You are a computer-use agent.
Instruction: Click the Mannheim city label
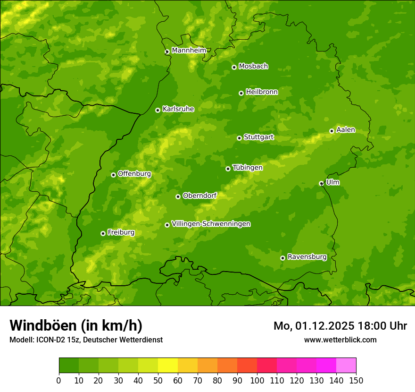click(189, 51)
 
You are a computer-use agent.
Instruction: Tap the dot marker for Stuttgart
click(239, 138)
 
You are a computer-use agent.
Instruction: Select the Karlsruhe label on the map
click(178, 109)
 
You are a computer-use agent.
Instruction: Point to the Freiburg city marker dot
click(103, 233)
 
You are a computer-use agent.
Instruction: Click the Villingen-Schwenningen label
click(211, 224)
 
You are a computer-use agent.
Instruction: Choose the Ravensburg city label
click(307, 257)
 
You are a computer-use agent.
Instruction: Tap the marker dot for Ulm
click(321, 183)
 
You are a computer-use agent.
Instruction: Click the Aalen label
click(346, 130)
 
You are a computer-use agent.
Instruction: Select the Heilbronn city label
click(262, 92)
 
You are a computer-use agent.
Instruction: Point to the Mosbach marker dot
click(234, 67)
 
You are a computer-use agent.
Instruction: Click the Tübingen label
click(248, 168)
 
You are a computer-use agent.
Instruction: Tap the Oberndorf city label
click(199, 196)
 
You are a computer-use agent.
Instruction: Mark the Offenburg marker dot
click(113, 175)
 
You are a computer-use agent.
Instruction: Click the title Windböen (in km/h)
click(76, 325)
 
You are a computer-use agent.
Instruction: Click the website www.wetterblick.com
click(340, 340)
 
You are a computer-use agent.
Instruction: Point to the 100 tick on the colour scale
click(257, 380)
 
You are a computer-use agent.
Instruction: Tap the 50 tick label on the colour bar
click(158, 380)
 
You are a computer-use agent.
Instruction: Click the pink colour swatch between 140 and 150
click(346, 366)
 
